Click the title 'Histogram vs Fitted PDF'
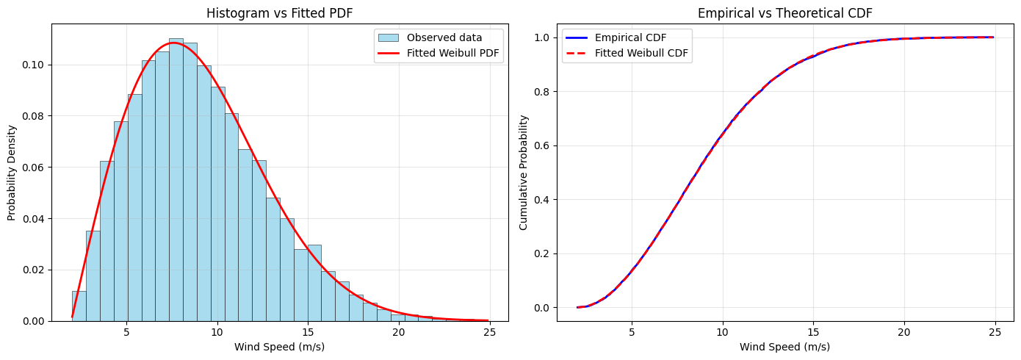(x=279, y=12)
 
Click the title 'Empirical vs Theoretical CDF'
(x=785, y=12)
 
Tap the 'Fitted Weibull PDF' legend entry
(x=439, y=53)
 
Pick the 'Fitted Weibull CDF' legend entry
(x=627, y=53)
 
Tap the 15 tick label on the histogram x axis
(x=308, y=332)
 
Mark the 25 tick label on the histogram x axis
(x=489, y=332)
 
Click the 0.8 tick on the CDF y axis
(x=542, y=92)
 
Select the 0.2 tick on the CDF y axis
(x=542, y=253)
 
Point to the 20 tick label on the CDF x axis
(x=904, y=332)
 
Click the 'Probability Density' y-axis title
(x=12, y=173)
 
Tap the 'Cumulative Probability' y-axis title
(x=523, y=173)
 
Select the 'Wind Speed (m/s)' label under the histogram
(x=279, y=347)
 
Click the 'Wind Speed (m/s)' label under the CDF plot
(x=785, y=347)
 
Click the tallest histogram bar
(x=176, y=179)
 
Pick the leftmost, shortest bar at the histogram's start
(x=79, y=306)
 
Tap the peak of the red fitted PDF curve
(x=173, y=43)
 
